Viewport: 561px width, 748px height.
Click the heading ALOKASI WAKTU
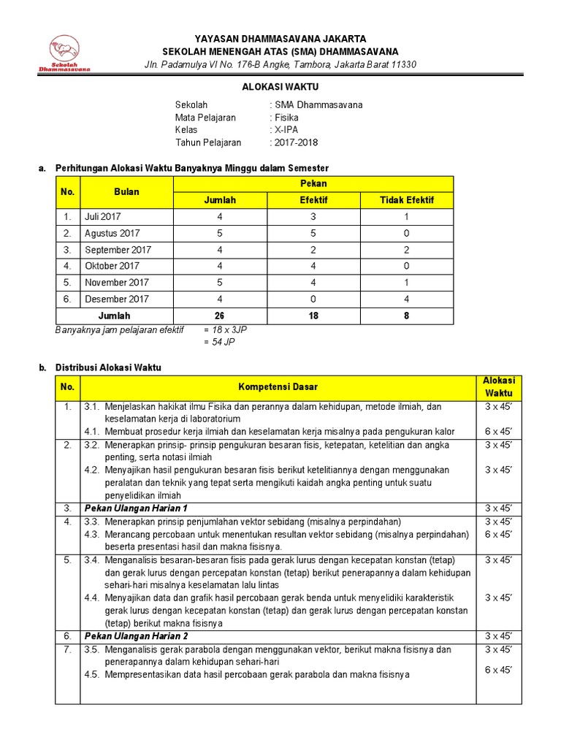(x=280, y=86)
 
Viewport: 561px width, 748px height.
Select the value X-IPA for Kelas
(x=288, y=129)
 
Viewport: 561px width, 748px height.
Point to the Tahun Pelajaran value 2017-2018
(x=296, y=142)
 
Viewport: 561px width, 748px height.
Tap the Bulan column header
(x=126, y=192)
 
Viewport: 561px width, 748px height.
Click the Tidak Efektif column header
(x=406, y=200)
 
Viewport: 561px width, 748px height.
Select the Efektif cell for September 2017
(x=314, y=250)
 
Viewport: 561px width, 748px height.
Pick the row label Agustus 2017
(x=112, y=233)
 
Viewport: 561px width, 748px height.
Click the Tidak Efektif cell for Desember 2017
(x=406, y=299)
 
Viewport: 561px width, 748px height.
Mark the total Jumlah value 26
(x=220, y=316)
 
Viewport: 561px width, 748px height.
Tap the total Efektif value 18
(x=314, y=316)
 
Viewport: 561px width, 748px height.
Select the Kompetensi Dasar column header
(x=278, y=386)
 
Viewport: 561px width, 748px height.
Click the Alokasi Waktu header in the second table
(x=499, y=386)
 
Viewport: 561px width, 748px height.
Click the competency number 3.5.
(x=91, y=649)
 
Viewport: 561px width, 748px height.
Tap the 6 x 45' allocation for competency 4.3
(x=499, y=534)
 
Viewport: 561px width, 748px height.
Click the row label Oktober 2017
(x=112, y=266)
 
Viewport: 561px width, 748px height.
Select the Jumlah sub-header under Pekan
(x=220, y=200)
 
